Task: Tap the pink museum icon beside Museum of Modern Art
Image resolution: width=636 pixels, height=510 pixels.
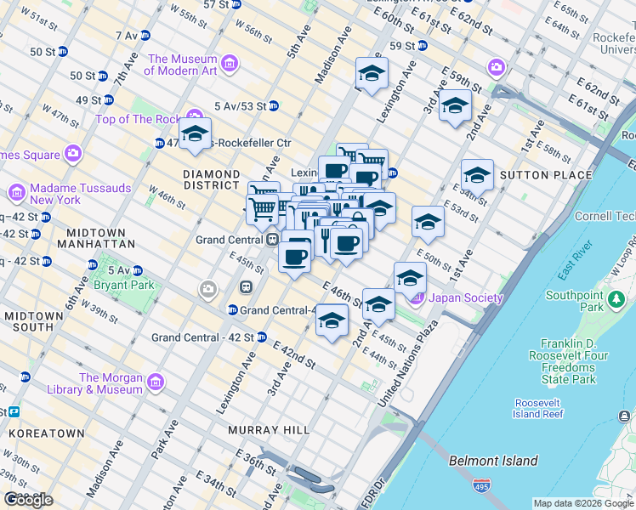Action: click(x=229, y=64)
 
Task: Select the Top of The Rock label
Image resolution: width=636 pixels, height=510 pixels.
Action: click(x=140, y=119)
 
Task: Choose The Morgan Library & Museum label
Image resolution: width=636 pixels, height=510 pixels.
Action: click(x=111, y=383)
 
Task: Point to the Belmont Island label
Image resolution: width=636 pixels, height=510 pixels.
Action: click(x=493, y=461)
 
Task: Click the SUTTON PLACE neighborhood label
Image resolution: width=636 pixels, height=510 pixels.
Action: click(x=549, y=175)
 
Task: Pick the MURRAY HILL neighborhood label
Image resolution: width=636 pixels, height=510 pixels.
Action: click(x=269, y=430)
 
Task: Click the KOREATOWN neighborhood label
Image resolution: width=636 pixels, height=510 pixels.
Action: click(x=47, y=433)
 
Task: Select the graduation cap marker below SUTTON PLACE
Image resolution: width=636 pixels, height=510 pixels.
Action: click(x=477, y=176)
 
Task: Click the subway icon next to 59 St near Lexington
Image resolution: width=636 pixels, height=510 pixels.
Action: click(x=422, y=45)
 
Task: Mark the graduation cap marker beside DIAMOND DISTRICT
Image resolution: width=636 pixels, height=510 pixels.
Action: click(x=195, y=134)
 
